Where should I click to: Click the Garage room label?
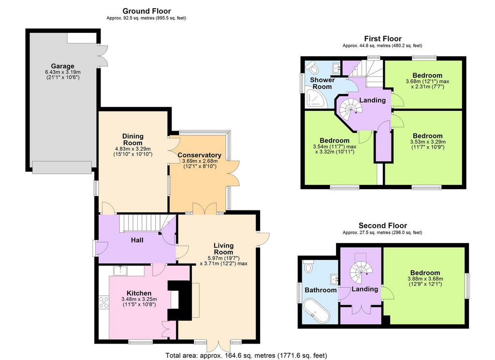62,66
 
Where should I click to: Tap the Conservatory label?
199,155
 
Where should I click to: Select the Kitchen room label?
139,293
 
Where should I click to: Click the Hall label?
137,240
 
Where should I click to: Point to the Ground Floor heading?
146,11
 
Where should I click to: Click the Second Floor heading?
383,225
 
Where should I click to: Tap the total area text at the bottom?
246,356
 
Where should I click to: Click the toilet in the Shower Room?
313,67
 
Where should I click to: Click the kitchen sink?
120,270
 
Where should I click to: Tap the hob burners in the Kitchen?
104,302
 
